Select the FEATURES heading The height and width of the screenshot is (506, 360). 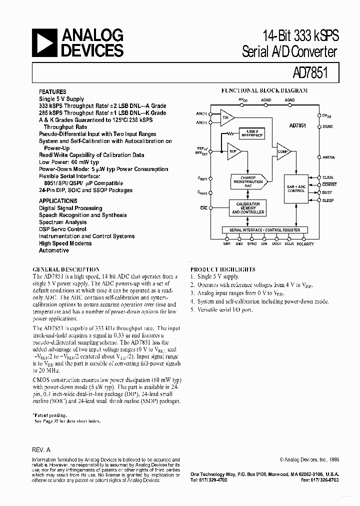[52, 92]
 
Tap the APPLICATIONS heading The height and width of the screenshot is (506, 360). [58, 201]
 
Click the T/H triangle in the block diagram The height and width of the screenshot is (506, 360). [226, 117]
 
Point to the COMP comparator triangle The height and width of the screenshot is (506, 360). [283, 151]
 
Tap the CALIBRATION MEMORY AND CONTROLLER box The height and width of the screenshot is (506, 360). [247, 208]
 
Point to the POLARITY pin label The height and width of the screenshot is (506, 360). [305, 244]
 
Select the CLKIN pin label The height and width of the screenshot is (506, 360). [328, 177]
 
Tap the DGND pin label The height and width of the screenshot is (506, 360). [328, 127]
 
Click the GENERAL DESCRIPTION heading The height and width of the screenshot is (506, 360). [66, 269]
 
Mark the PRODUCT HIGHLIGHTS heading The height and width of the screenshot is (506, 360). [222, 269]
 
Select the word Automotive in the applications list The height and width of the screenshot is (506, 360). [54, 250]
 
